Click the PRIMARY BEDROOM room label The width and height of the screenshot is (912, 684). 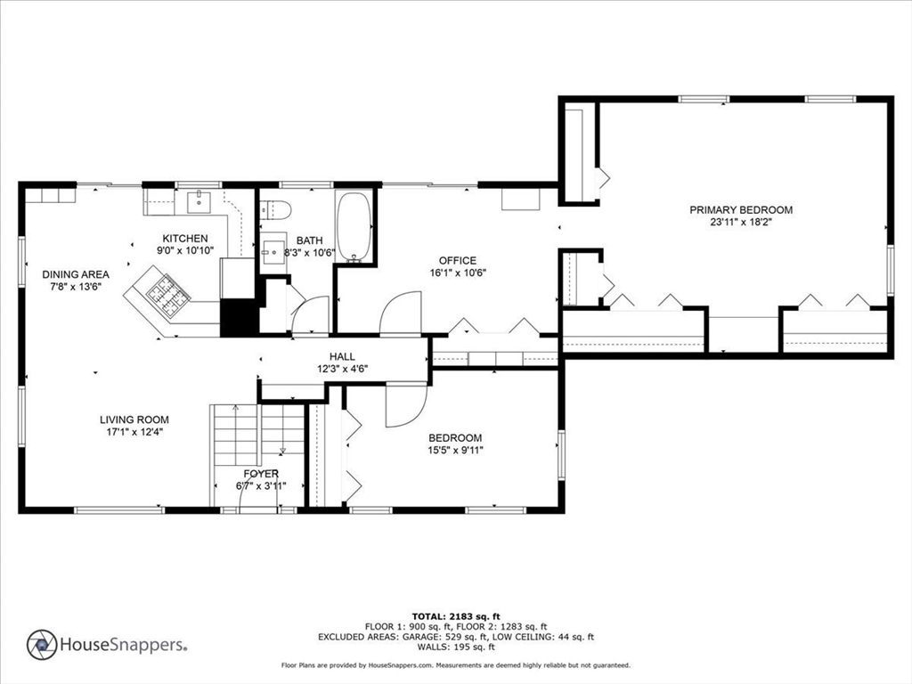tap(741, 210)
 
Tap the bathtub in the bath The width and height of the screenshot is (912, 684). tap(354, 227)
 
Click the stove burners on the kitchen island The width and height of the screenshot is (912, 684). tap(167, 296)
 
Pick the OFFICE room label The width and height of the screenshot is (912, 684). tap(457, 261)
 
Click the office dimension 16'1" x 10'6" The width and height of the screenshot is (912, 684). tap(458, 273)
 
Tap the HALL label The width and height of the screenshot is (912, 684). tap(342, 356)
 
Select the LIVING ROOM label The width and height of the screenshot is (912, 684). tap(134, 419)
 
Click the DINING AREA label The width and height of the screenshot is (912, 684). tap(76, 274)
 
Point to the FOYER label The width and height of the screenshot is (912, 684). tap(261, 474)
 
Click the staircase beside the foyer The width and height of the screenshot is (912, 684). tap(257, 435)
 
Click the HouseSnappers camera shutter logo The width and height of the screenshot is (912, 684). tap(42, 645)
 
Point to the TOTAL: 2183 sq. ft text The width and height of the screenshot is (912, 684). tap(456, 616)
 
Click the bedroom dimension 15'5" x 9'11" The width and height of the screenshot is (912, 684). tap(455, 450)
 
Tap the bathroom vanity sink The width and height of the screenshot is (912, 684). tap(273, 252)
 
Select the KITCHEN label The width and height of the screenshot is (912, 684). tap(185, 239)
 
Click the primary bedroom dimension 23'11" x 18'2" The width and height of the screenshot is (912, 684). tap(741, 222)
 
